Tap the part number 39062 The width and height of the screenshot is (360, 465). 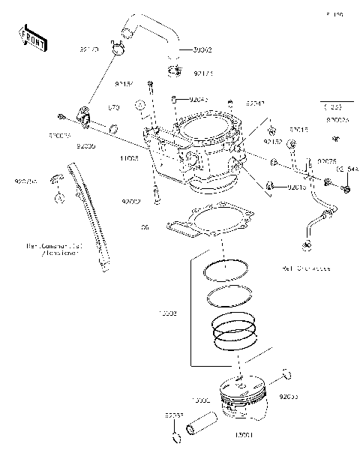pos(202,49)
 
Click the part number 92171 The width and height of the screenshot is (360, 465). pos(203,73)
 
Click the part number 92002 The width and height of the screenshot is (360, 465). pos(131,201)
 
